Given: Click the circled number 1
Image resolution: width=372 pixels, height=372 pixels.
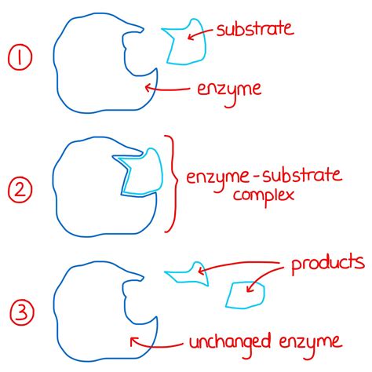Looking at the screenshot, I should click(x=18, y=60).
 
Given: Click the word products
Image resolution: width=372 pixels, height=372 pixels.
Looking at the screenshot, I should click(x=327, y=261).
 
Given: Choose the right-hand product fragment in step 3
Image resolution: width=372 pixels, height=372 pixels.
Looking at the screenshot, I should click(x=245, y=294).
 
